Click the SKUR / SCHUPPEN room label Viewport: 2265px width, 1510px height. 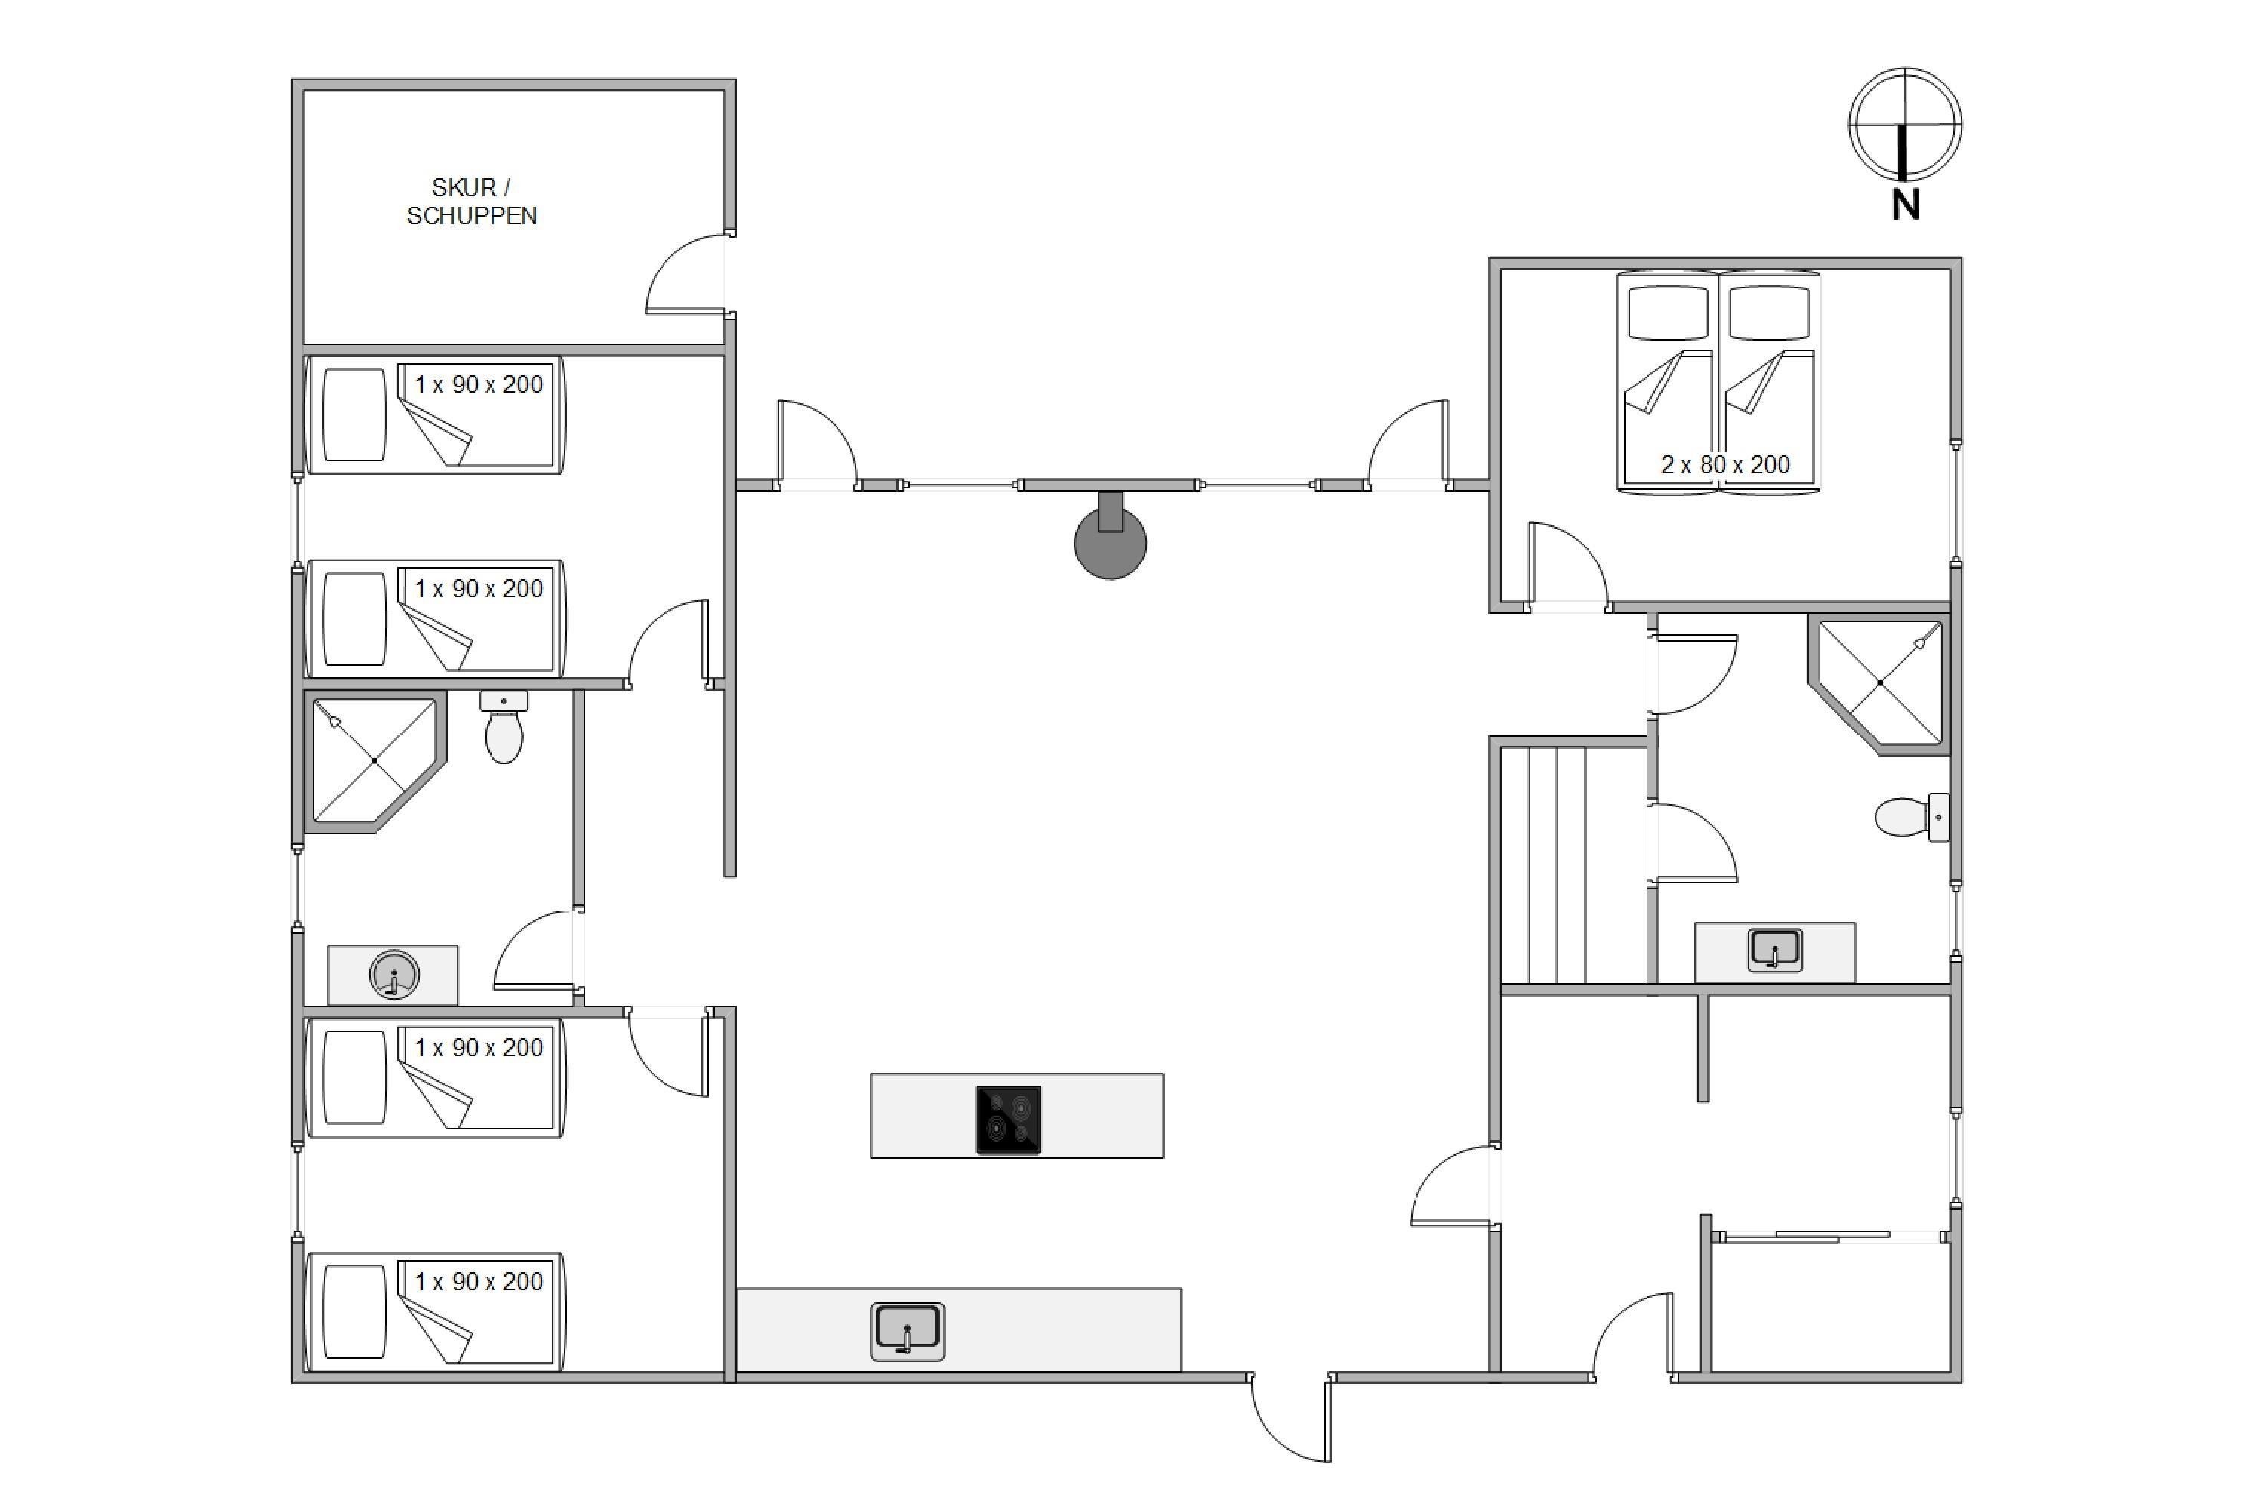(x=471, y=202)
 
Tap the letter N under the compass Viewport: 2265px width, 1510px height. (x=1906, y=205)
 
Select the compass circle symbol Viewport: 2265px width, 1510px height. (x=1905, y=125)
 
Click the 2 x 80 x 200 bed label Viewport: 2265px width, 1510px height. (x=1724, y=464)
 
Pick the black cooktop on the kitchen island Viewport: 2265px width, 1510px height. (x=1008, y=1119)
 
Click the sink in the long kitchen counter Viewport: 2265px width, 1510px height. (x=908, y=1332)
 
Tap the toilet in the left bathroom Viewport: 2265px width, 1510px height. (x=504, y=727)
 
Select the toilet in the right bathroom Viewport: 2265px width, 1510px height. (x=1912, y=818)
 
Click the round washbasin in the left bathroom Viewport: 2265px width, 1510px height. (x=394, y=975)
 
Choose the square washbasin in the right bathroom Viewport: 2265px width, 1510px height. (x=1775, y=950)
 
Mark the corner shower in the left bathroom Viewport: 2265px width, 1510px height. (x=375, y=761)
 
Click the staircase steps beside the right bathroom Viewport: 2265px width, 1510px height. (x=1572, y=864)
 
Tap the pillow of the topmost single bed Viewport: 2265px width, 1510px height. (x=354, y=414)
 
